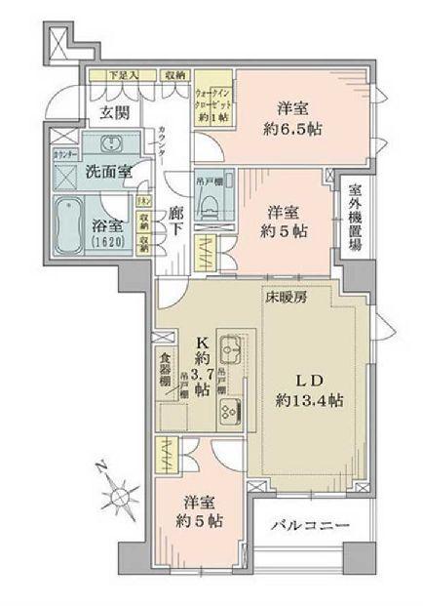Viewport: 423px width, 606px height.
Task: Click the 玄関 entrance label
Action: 113,112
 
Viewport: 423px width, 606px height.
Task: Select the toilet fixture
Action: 208,202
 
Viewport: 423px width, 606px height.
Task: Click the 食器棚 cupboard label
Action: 165,363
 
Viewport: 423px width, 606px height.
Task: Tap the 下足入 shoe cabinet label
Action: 123,74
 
